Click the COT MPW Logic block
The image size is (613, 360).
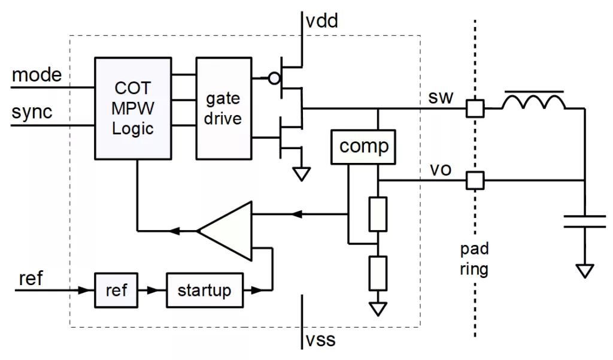pos(133,108)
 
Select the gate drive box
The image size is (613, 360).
pos(224,108)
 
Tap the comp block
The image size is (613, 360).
pos(363,147)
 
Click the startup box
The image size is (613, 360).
pos(205,291)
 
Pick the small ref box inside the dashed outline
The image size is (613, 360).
pos(116,291)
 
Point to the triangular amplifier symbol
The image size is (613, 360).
pos(225,231)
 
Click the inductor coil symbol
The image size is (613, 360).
pos(533,100)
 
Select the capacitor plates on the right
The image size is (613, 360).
pos(585,221)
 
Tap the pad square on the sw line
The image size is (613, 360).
pos(475,108)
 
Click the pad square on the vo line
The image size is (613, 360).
pos(475,180)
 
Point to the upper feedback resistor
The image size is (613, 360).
pos(378,214)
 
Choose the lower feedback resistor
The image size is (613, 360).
pos(378,273)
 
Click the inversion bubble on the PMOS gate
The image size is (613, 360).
pos(274,78)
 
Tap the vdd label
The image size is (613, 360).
pos(321,21)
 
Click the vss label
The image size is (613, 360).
pos(321,340)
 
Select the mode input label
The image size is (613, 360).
pos(37,74)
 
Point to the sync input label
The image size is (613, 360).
pos(32,112)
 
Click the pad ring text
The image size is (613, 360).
pos(474,259)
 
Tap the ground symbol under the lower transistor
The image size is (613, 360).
pos(302,174)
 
